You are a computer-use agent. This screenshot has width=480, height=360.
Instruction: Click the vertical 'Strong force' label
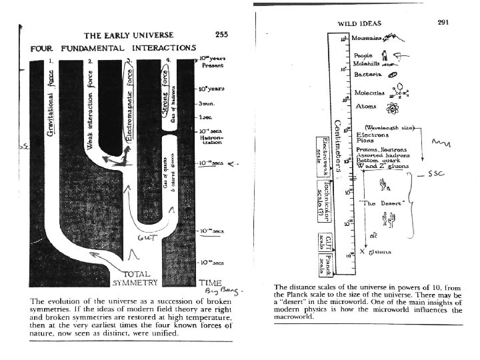169,100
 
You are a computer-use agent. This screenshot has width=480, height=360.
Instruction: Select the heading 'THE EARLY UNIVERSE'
126,35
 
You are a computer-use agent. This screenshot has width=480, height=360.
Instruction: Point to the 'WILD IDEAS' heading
359,23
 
